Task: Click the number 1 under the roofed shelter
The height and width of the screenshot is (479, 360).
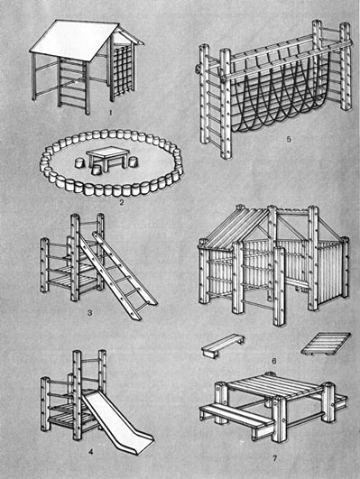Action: pyautogui.click(x=111, y=113)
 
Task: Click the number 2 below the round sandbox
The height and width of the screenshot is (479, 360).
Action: pyautogui.click(x=122, y=202)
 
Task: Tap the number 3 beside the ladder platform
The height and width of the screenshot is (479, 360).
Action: pyautogui.click(x=90, y=313)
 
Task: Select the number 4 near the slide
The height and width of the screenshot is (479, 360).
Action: pyautogui.click(x=90, y=460)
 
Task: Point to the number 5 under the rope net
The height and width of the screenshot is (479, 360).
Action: pyautogui.click(x=289, y=140)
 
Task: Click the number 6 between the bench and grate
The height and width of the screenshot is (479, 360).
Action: pyautogui.click(x=273, y=362)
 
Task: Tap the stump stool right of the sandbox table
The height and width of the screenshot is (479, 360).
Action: pyautogui.click(x=133, y=161)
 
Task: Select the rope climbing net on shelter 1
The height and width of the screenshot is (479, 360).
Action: pyautogui.click(x=123, y=70)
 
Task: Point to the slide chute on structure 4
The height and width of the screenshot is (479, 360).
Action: pyautogui.click(x=117, y=421)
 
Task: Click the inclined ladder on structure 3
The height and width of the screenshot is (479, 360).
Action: pyautogui.click(x=117, y=275)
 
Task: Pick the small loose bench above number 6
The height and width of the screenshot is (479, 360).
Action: pyautogui.click(x=223, y=345)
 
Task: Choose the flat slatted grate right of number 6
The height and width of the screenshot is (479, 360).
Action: pyautogui.click(x=326, y=344)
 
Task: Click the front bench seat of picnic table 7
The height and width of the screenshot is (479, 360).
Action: pyautogui.click(x=236, y=415)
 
